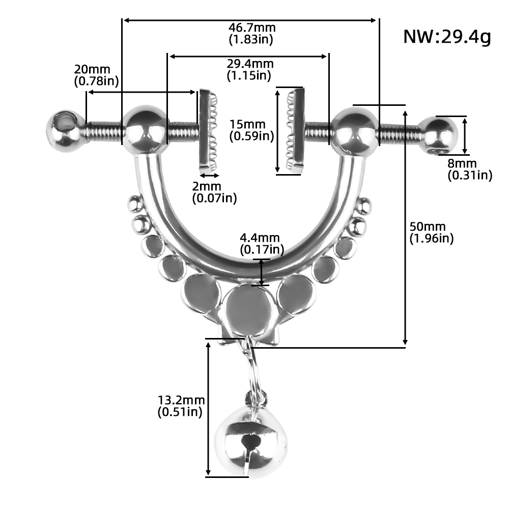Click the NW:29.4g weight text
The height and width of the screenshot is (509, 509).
tap(447, 37)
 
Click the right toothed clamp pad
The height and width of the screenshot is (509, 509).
tap(295, 130)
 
